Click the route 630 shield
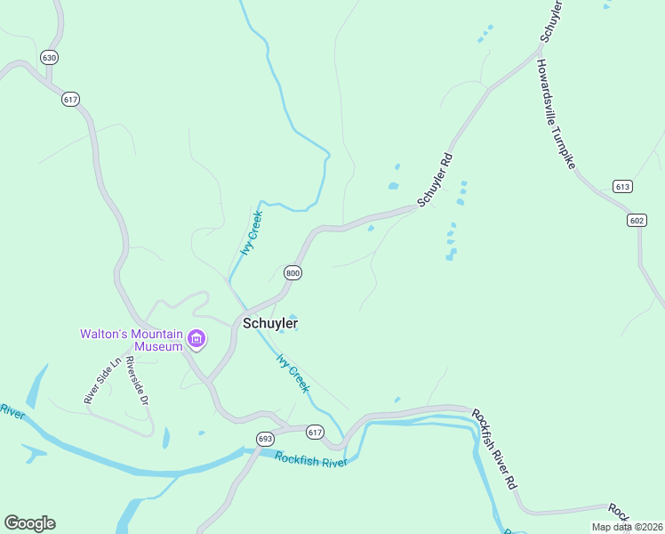[x=49, y=58]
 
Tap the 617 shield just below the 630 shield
[x=70, y=99]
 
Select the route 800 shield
[x=292, y=272]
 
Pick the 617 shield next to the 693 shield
[x=315, y=432]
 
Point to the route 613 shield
[x=622, y=186]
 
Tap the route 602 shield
[x=636, y=221]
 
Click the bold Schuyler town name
[x=270, y=324]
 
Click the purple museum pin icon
[x=196, y=340]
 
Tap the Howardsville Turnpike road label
[x=557, y=115]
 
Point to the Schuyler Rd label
[x=436, y=179]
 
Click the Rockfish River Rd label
[x=493, y=449]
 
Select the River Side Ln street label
[x=102, y=382]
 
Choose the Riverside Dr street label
[x=136, y=380]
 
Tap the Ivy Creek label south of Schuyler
[x=292, y=373]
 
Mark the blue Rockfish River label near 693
[x=309, y=460]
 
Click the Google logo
[x=29, y=523]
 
